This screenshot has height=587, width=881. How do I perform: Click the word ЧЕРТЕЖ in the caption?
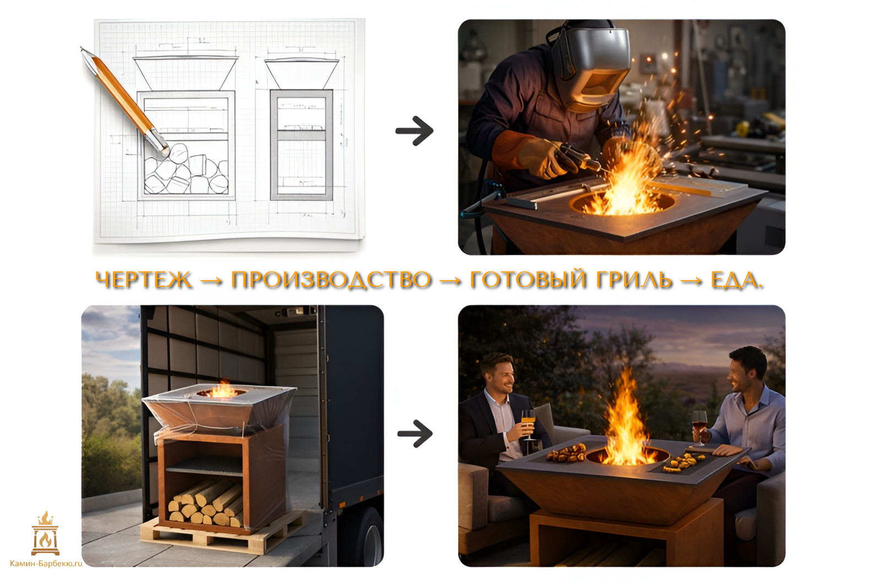point(144,280)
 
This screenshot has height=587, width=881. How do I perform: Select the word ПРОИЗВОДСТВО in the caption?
point(331,280)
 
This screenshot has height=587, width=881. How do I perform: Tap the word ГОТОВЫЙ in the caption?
point(528,279)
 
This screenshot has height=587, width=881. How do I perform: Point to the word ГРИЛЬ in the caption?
point(634,280)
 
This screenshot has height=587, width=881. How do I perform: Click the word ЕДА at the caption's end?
point(735,280)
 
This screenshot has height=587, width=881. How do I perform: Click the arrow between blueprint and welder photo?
point(415,131)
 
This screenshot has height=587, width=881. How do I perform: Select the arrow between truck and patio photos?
point(415,434)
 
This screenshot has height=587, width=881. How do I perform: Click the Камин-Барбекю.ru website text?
point(46,564)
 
